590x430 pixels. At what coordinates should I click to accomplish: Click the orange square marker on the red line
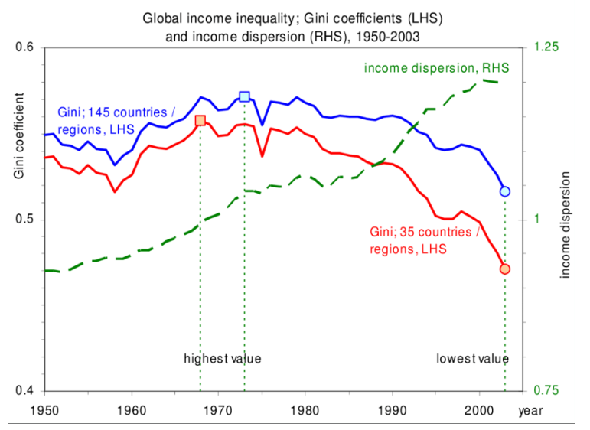[200, 121]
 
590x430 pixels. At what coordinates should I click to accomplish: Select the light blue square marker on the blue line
[244, 96]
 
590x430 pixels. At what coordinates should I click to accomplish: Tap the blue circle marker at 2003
[505, 191]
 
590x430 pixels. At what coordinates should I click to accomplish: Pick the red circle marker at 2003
[505, 269]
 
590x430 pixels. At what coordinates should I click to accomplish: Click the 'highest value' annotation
[223, 358]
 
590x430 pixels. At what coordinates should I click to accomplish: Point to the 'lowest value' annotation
[473, 358]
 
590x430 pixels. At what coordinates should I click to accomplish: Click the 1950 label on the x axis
[44, 408]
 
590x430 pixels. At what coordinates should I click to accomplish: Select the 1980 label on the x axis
[305, 408]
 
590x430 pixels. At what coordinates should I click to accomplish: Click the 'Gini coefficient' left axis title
[19, 138]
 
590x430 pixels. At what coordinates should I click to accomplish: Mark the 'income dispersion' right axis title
[566, 224]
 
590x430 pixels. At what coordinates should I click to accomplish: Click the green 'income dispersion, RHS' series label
[437, 68]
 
